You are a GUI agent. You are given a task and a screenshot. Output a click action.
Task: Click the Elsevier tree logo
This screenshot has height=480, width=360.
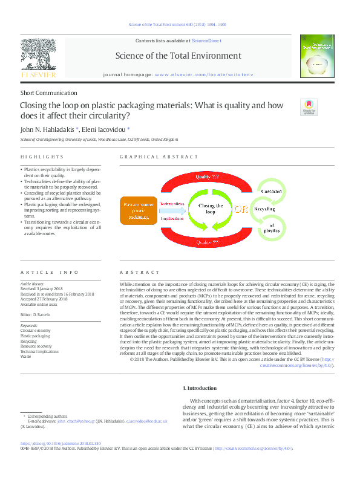39,53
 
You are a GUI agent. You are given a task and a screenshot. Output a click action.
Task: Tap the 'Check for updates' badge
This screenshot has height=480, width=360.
308,107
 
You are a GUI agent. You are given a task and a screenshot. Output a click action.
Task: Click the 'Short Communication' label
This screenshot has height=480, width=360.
49,93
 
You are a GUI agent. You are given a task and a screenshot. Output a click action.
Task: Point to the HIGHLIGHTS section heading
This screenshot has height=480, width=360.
34,157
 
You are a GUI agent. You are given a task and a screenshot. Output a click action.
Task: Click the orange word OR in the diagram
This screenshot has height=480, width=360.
241,209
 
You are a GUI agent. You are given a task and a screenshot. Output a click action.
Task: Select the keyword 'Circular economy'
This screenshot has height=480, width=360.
36,331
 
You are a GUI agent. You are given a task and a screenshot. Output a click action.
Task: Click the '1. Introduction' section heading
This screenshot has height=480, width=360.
201,388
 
